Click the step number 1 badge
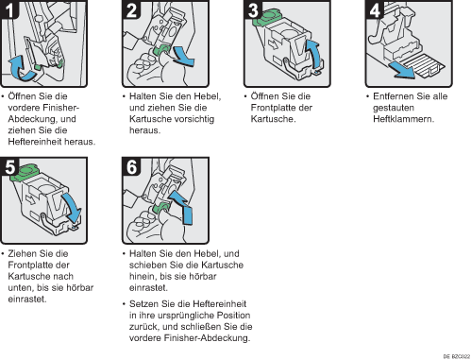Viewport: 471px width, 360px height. coord(8,9)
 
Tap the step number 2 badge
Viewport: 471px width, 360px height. coord(131,9)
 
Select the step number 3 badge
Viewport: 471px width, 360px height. coord(253,9)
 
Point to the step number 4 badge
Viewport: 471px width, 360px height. coord(375,9)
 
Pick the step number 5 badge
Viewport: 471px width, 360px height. coord(9,166)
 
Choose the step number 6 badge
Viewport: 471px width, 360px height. coord(131,166)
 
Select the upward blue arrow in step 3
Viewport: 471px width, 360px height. coord(315,54)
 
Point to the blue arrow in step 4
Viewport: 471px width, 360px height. coord(401,70)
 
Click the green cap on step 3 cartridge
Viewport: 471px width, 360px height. coord(266,17)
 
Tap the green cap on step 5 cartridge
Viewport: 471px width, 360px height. coord(25,173)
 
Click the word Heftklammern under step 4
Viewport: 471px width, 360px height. coord(403,119)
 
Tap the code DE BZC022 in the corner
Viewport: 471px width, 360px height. coord(457,356)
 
